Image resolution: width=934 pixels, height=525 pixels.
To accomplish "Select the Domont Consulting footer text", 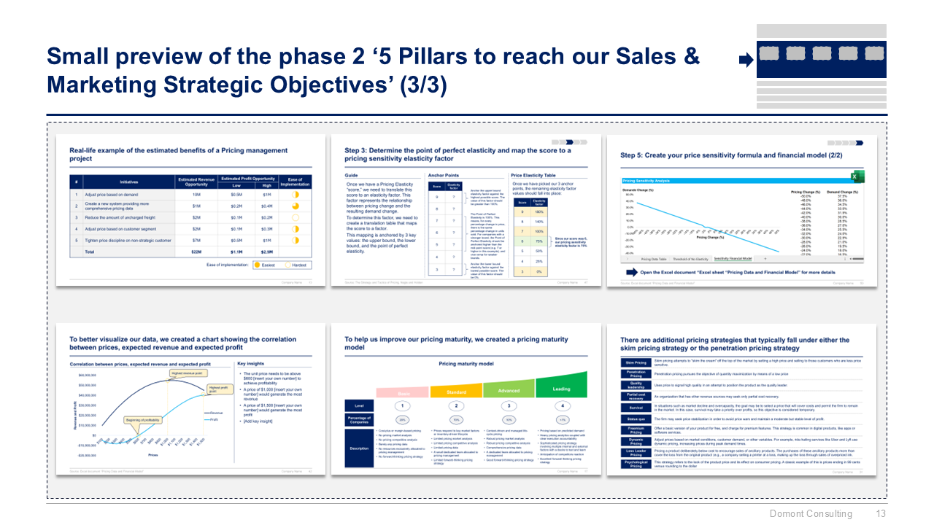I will [x=811, y=513].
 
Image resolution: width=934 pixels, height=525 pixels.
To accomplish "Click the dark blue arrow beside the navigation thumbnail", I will [x=746, y=61].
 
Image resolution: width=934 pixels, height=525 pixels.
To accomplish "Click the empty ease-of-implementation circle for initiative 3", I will [x=296, y=217].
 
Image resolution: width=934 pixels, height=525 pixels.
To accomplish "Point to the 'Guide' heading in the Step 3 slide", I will [x=352, y=175].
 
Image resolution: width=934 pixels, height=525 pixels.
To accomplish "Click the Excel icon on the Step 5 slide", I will [x=854, y=177].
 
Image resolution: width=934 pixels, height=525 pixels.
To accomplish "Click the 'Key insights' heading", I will [x=252, y=363].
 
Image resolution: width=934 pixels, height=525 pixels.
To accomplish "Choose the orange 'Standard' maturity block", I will [x=456, y=392].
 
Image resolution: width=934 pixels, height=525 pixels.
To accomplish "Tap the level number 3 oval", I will [x=509, y=405].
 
